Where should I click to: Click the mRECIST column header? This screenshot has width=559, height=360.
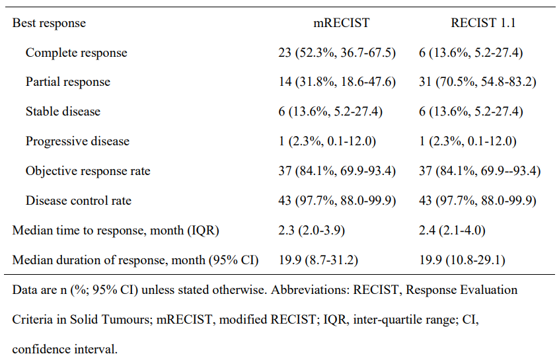(x=341, y=23)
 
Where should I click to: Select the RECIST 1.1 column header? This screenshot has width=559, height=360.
(x=483, y=23)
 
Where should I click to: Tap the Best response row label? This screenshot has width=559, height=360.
(x=49, y=23)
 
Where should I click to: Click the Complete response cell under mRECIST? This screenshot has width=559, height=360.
(x=337, y=53)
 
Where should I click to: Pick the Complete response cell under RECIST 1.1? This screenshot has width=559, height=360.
(x=470, y=53)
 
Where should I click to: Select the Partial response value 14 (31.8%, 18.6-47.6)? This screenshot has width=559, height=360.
(x=337, y=82)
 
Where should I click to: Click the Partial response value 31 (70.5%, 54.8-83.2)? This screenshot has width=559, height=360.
(x=477, y=82)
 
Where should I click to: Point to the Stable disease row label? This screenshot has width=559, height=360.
(x=63, y=112)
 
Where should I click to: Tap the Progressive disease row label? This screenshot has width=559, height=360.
(x=77, y=141)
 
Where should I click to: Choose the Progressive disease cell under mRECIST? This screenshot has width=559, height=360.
(x=327, y=141)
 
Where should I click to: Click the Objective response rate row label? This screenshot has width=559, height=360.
(x=88, y=171)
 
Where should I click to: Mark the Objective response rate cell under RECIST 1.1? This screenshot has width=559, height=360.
(x=480, y=171)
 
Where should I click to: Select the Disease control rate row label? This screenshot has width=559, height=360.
(x=79, y=201)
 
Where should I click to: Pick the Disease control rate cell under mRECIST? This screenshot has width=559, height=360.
(x=337, y=201)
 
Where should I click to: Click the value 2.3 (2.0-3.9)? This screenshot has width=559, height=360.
(x=312, y=231)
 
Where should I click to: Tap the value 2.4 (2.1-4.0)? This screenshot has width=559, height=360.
(x=452, y=231)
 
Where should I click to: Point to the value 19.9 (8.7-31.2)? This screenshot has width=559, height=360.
(x=318, y=260)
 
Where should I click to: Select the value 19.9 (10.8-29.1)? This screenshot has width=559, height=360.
(x=462, y=260)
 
